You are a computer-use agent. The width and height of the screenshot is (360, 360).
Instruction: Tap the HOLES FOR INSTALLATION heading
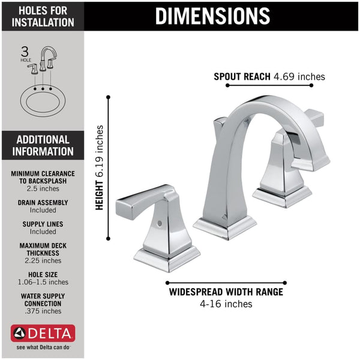[41, 16]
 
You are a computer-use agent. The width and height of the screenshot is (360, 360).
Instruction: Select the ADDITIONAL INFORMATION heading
[41, 145]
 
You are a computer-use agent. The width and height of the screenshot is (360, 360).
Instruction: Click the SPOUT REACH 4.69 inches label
[269, 76]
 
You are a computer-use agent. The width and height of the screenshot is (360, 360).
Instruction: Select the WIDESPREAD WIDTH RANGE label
[226, 292]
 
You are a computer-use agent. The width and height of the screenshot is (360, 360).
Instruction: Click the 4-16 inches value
[226, 304]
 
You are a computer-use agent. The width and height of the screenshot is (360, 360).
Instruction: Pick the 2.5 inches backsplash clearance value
[42, 189]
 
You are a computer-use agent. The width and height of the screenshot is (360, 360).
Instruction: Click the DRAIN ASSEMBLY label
[42, 203]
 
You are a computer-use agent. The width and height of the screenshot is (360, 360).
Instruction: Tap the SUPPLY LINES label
[42, 224]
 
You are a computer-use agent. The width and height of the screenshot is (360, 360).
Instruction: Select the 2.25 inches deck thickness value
[42, 260]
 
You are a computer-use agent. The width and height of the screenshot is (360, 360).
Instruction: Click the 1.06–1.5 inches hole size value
[42, 282]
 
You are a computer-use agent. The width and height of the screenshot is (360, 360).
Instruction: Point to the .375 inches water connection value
[42, 311]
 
